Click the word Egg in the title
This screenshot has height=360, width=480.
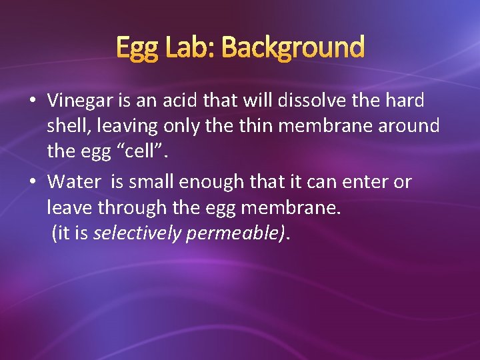(x=137, y=49)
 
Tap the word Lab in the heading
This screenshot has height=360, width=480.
(x=189, y=47)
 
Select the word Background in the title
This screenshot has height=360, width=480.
(x=293, y=49)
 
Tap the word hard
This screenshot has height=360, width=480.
(x=404, y=101)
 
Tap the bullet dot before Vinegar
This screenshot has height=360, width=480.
(x=32, y=101)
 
